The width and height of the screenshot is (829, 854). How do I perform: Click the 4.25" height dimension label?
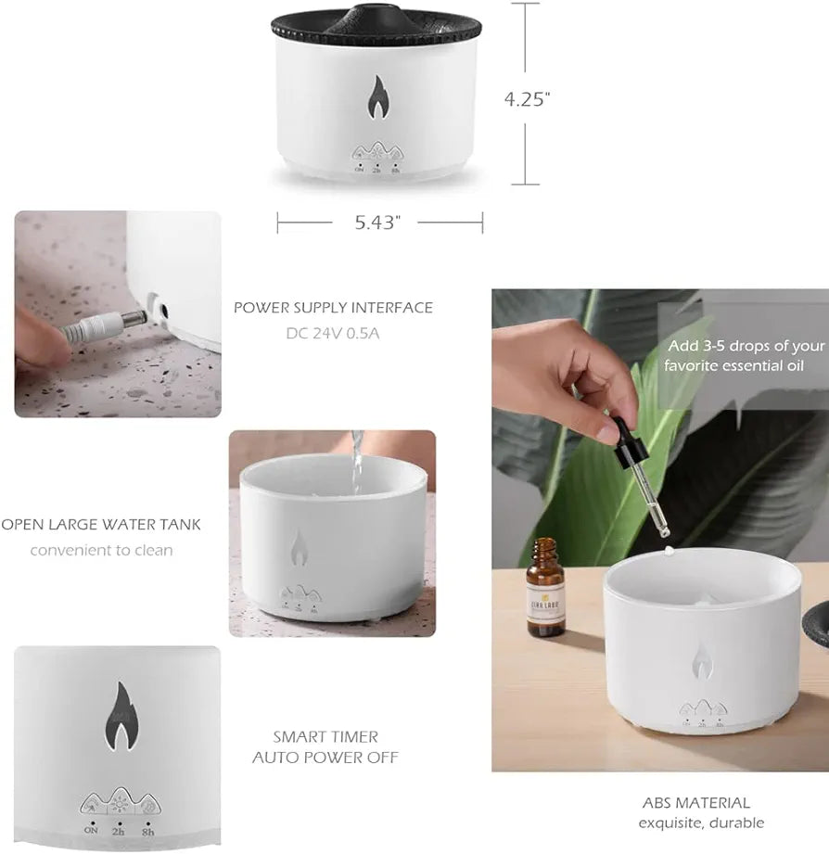(528, 100)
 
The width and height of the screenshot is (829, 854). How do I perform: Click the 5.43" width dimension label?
(379, 223)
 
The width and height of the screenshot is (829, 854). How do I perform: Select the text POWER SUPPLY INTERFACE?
(333, 308)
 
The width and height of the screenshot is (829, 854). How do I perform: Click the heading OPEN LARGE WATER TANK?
(101, 525)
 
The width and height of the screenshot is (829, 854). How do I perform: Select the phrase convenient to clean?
(101, 550)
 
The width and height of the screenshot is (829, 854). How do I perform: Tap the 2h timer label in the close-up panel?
(118, 832)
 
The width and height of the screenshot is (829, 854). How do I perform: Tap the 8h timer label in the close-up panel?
(149, 832)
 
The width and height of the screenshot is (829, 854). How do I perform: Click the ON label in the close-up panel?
(91, 832)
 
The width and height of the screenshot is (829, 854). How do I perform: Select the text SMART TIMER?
(325, 736)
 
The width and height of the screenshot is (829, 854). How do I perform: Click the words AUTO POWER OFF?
(325, 758)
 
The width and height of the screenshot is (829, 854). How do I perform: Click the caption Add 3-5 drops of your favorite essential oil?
(746, 355)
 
